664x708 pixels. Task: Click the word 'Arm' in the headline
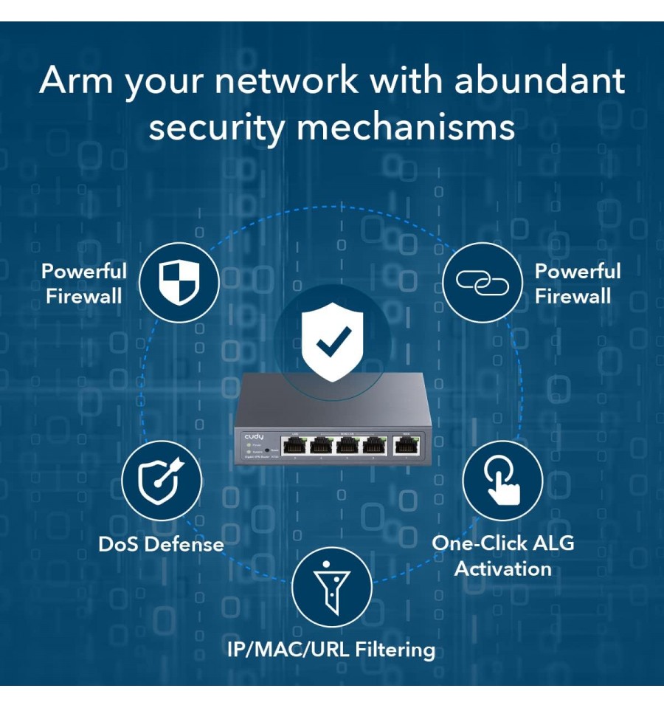coord(75,80)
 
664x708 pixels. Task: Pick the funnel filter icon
coord(331,587)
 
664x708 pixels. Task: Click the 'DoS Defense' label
coord(161,545)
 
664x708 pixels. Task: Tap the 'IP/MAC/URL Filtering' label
coord(331,650)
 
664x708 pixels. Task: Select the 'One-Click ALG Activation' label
coord(502,556)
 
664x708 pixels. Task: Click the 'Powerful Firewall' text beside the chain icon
coord(577,283)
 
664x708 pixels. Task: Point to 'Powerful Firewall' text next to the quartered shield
coord(84,283)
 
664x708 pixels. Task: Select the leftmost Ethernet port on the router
coord(295,446)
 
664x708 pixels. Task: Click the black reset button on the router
coord(266,450)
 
